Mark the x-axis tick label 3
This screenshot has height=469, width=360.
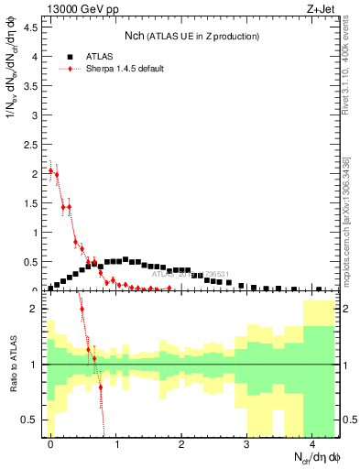coord(246,445)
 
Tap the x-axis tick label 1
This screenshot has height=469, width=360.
coord(116,445)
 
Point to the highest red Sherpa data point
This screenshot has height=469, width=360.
coord(50,170)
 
